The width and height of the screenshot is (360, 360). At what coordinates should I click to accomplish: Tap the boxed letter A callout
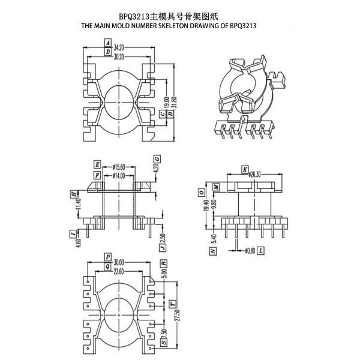(x=107, y=44)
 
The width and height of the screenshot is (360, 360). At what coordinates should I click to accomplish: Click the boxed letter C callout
(x=163, y=113)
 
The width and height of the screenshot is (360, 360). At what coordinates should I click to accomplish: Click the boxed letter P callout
(x=107, y=256)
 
